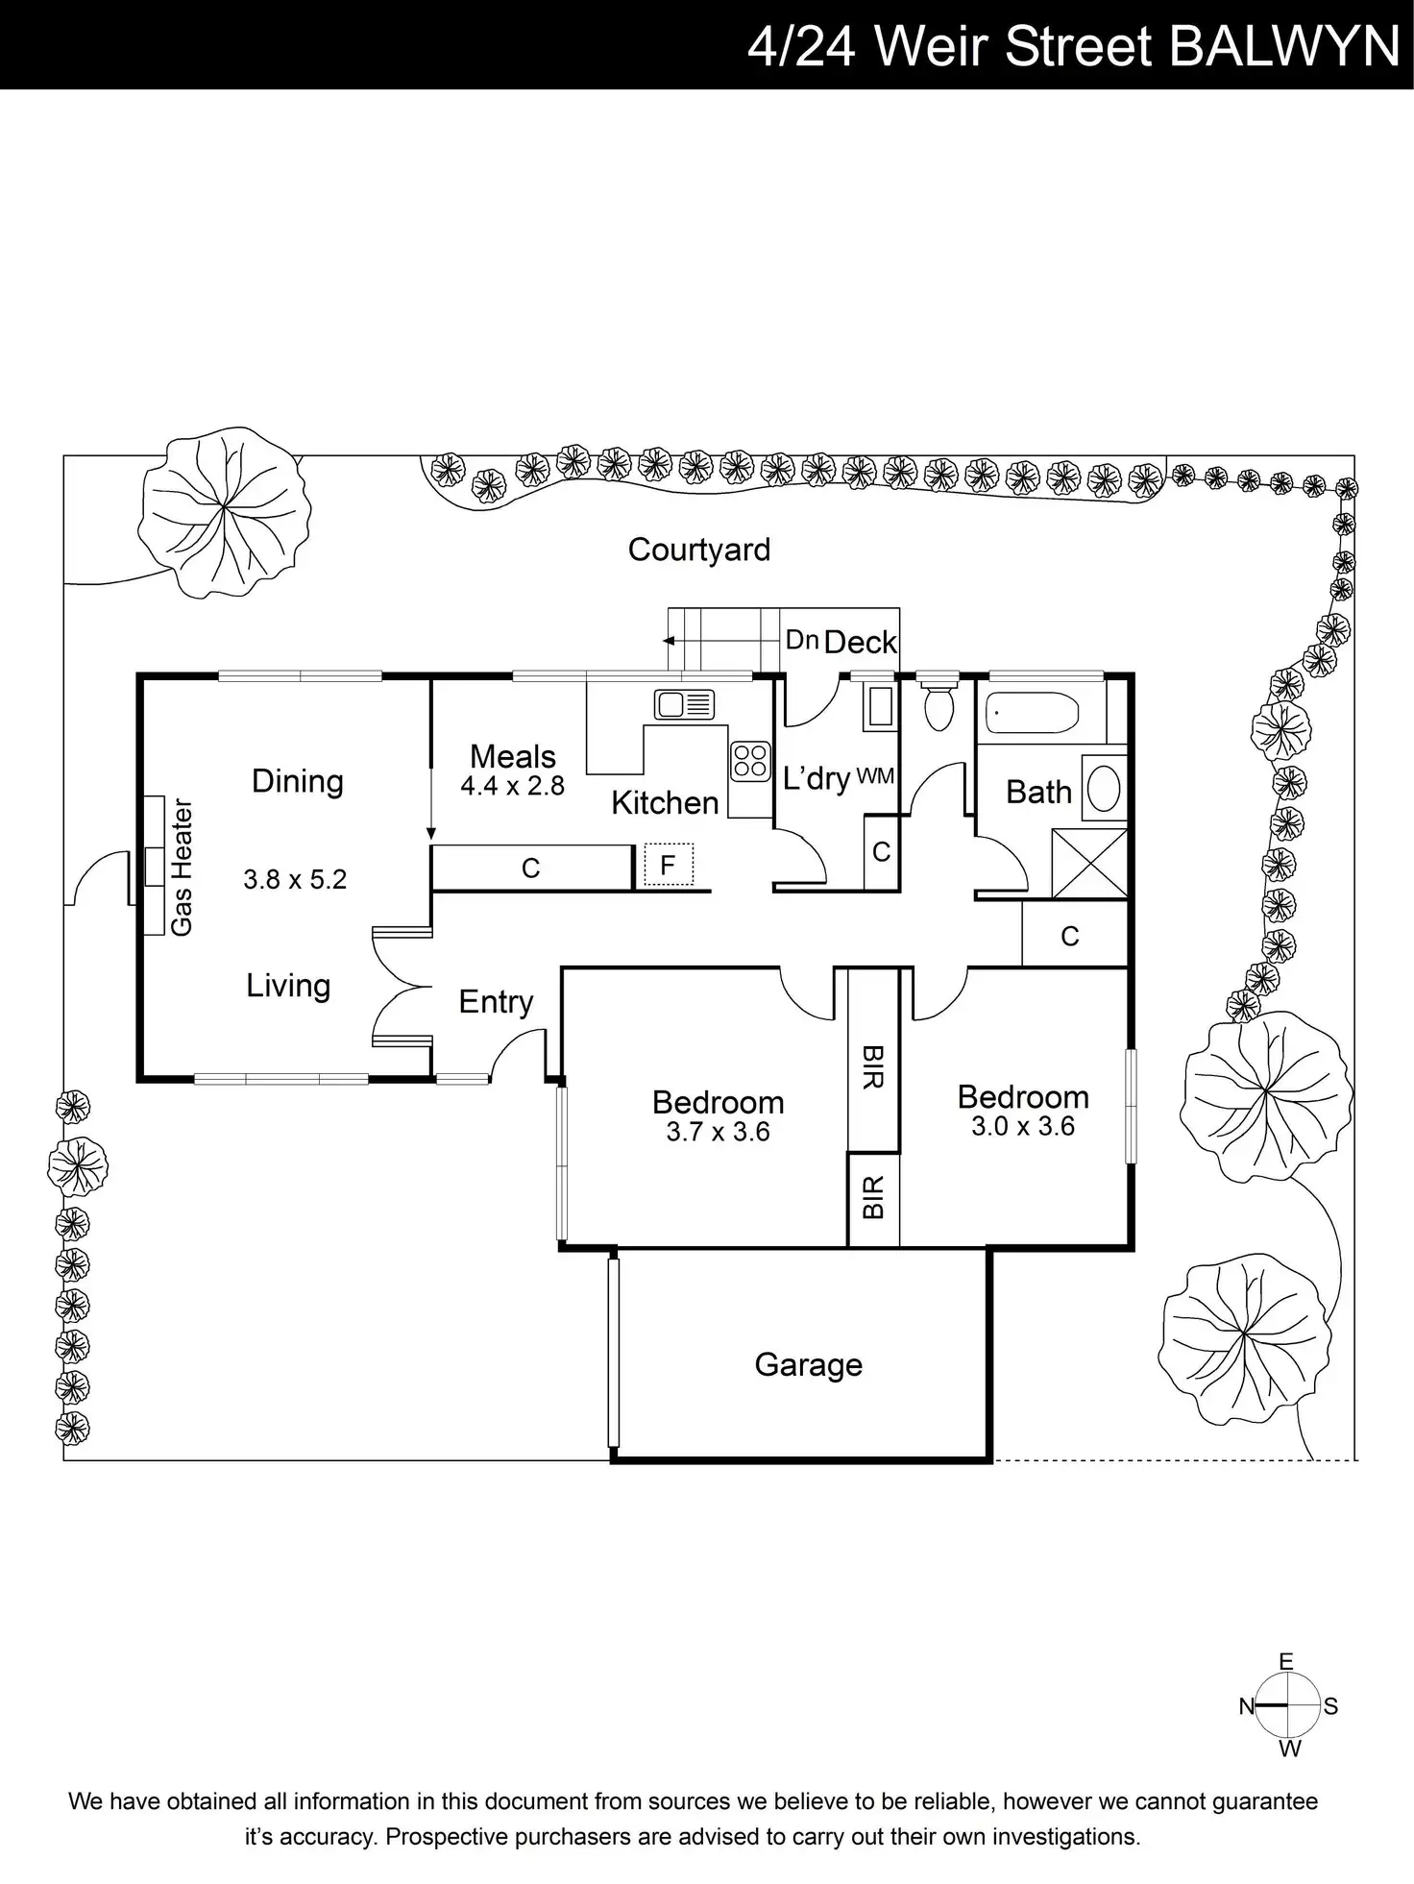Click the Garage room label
pos(808,1365)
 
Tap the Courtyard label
pos(698,550)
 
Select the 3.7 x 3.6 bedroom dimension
pos(718,1132)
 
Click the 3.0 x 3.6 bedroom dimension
pos(1022,1126)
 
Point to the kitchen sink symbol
pos(683,704)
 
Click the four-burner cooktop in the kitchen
pos(750,760)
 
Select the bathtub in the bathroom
pos(1031,713)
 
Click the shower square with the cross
pos(1089,863)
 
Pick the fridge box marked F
pos(668,865)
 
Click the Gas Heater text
pos(182,867)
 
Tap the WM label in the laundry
pos(874,776)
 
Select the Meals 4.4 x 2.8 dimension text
pos(512,786)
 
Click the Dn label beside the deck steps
pos(801,640)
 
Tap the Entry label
pos(496,1002)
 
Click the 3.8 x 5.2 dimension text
pos(295,879)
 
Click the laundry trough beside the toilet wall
pos(880,707)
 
